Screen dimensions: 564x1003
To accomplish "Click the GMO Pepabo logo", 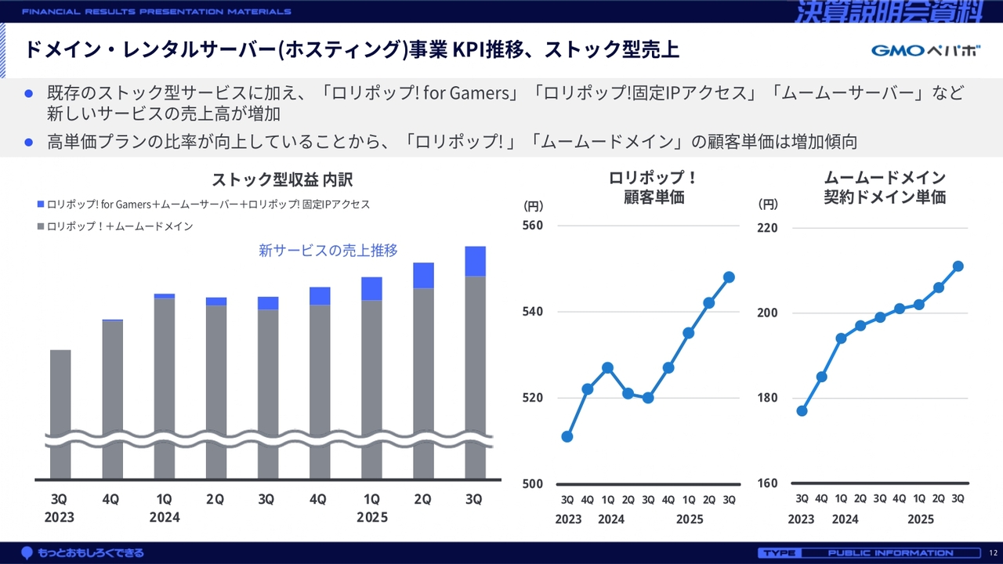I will (x=925, y=51).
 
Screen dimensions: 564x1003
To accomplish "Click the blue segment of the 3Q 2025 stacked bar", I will (x=475, y=261).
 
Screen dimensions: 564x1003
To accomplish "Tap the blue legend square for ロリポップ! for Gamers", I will (x=41, y=204).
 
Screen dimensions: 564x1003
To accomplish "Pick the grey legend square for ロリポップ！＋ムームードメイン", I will (x=41, y=226).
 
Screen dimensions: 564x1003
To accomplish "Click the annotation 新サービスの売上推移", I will (x=328, y=251).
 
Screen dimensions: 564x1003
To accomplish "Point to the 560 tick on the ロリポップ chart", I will (x=533, y=226).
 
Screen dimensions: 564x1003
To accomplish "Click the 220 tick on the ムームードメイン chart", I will (x=768, y=228).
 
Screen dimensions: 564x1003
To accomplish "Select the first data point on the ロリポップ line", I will (x=567, y=436).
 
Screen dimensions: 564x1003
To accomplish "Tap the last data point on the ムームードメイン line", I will (x=958, y=266).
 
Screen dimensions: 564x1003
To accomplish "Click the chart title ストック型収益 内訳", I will (x=282, y=180).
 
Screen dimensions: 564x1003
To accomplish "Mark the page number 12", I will (x=993, y=553).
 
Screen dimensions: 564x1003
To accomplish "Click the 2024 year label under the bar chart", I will (x=165, y=517).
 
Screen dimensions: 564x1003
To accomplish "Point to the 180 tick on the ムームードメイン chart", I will (x=768, y=398).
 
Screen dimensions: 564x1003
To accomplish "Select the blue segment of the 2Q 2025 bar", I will (x=423, y=275).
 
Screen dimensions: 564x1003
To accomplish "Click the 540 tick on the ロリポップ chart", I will (x=533, y=312).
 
